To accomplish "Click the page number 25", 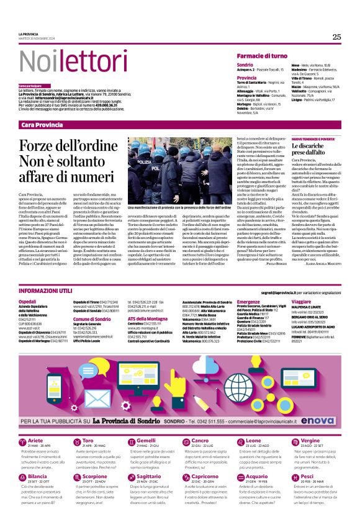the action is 336,37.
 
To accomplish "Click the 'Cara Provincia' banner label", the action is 42,125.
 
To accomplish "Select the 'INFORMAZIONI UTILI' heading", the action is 47,291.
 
